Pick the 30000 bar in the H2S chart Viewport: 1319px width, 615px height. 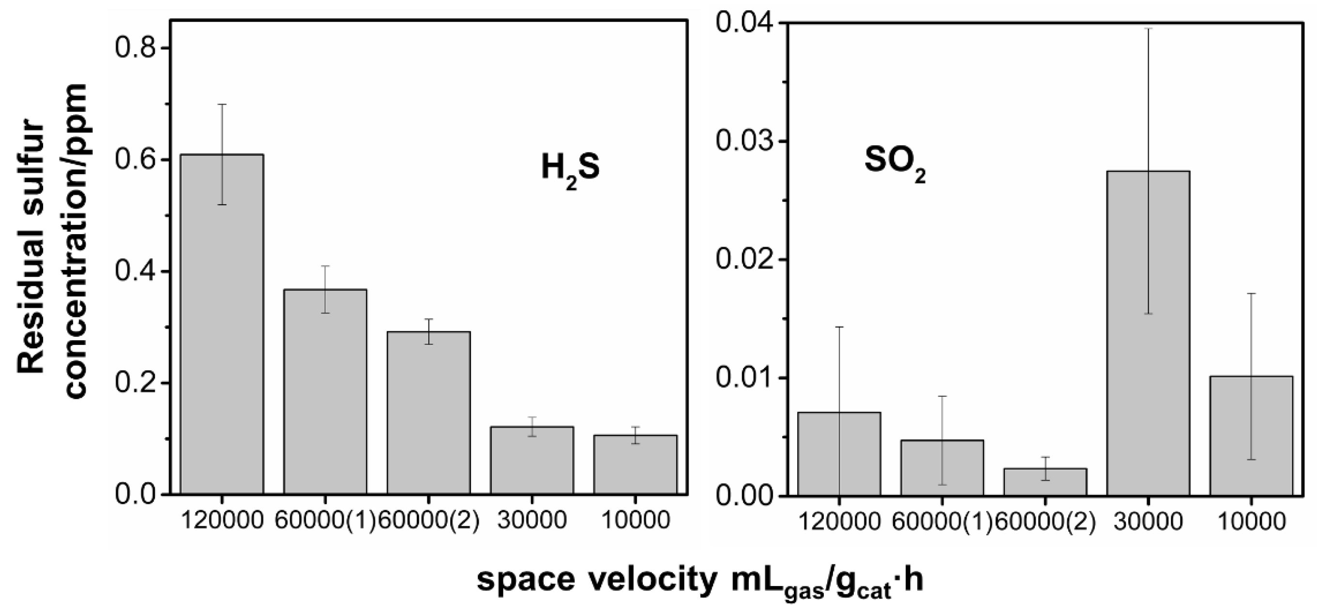point(532,461)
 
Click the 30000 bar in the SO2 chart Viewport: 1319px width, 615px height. point(1148,332)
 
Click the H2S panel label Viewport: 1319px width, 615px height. point(570,170)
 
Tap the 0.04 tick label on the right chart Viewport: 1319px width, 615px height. point(744,23)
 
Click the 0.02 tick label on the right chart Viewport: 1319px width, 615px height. point(744,259)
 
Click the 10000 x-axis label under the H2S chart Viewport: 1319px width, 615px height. point(636,520)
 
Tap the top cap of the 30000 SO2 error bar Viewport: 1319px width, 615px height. point(1148,29)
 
